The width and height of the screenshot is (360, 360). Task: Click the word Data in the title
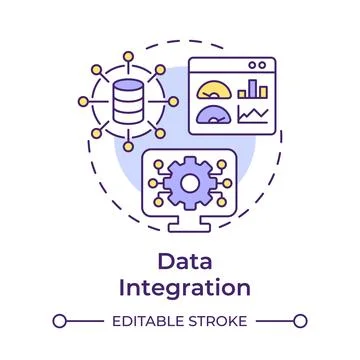tap(180, 261)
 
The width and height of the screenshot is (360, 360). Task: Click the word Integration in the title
tap(180, 288)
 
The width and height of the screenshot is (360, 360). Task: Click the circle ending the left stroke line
tap(59, 322)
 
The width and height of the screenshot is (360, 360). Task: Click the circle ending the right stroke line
tap(301, 322)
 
